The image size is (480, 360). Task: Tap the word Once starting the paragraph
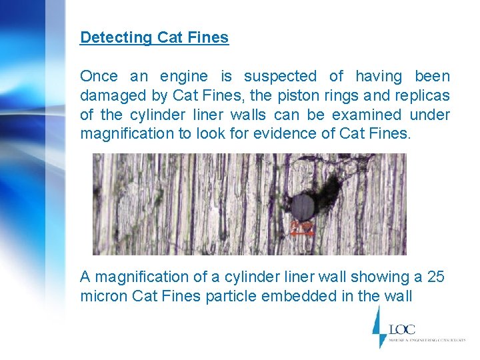point(99,77)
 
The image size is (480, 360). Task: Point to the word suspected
point(281,77)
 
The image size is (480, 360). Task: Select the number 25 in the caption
point(437,277)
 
